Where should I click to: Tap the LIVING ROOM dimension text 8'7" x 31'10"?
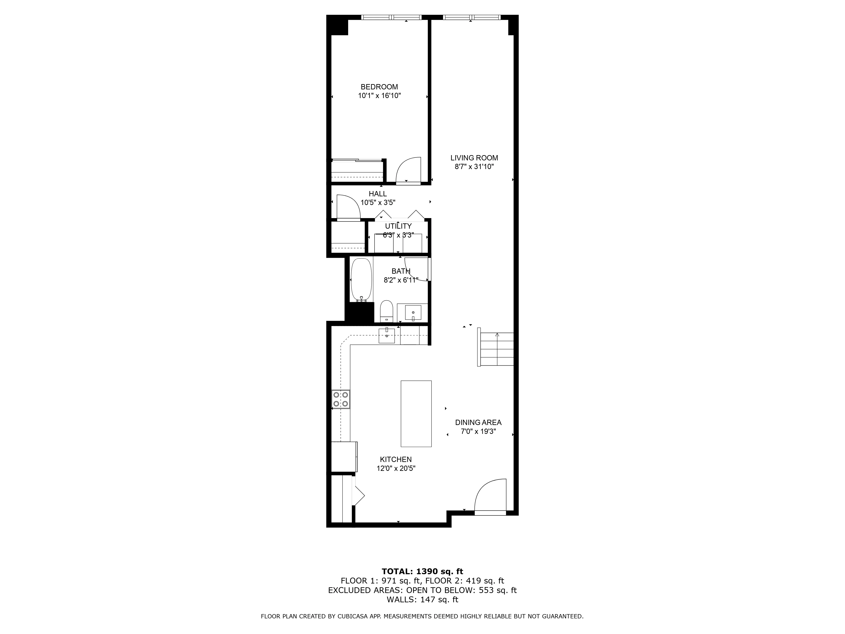point(474,167)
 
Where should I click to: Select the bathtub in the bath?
point(361,279)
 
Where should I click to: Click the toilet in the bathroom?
point(387,311)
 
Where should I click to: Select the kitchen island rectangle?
point(416,414)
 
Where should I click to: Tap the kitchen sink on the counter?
point(387,335)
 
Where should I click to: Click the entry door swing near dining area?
point(491,495)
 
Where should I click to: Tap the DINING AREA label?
point(478,422)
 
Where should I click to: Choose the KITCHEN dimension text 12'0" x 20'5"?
point(396,469)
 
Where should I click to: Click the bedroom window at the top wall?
point(391,17)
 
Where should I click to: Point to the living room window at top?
point(471,17)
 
